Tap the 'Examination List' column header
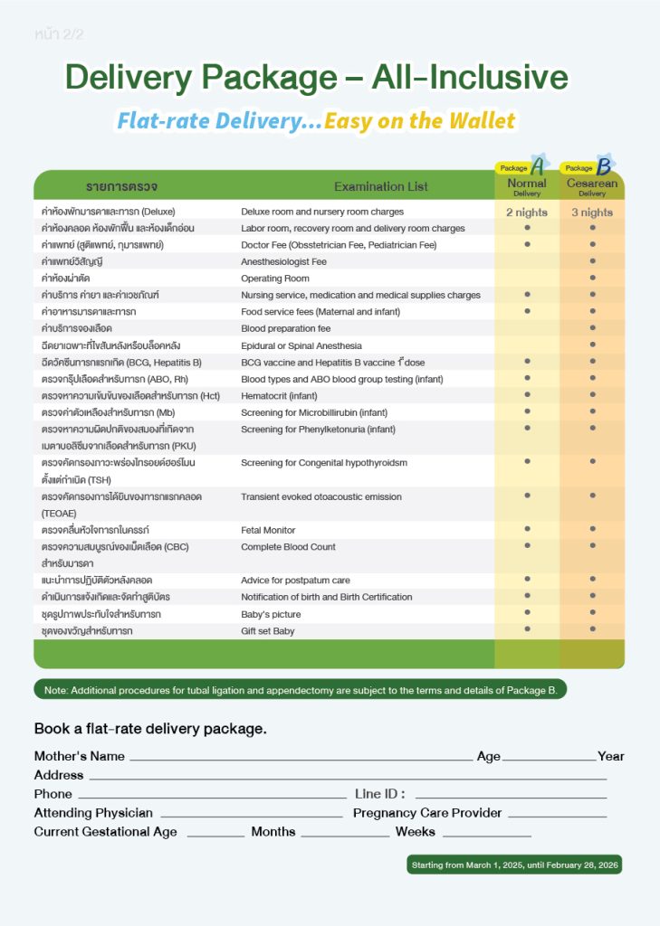(381, 186)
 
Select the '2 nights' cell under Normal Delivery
(527, 213)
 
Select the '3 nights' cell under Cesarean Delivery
(592, 213)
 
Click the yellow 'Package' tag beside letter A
(513, 168)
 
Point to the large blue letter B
(604, 167)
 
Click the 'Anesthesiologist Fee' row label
(283, 261)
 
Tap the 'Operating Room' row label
(275, 279)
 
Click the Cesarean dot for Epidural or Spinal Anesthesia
(592, 345)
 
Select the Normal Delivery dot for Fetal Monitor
(527, 529)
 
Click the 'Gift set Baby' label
(268, 630)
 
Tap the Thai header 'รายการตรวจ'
(121, 186)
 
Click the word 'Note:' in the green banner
(55, 690)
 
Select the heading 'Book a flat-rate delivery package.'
(150, 728)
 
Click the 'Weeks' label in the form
(415, 832)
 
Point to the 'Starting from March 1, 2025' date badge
(514, 865)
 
